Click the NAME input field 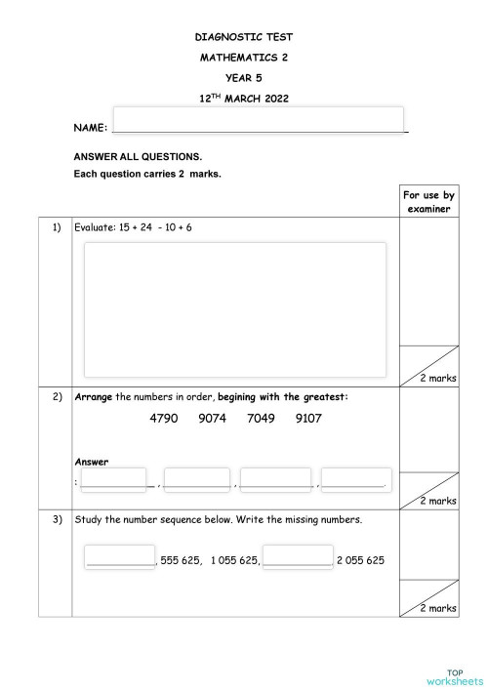pyautogui.click(x=260, y=119)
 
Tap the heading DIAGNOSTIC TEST pyautogui.click(x=243, y=38)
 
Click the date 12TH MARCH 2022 pyautogui.click(x=243, y=98)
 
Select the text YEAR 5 pyautogui.click(x=243, y=77)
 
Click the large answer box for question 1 pyautogui.click(x=234, y=309)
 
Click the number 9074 pyautogui.click(x=213, y=419)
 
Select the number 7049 pyautogui.click(x=262, y=419)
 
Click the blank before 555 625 pyautogui.click(x=120, y=558)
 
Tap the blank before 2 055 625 pyautogui.click(x=298, y=558)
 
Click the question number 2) pyautogui.click(x=56, y=397)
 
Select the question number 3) pyautogui.click(x=56, y=519)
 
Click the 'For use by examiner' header pyautogui.click(x=429, y=202)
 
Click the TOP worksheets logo pyautogui.click(x=455, y=676)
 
